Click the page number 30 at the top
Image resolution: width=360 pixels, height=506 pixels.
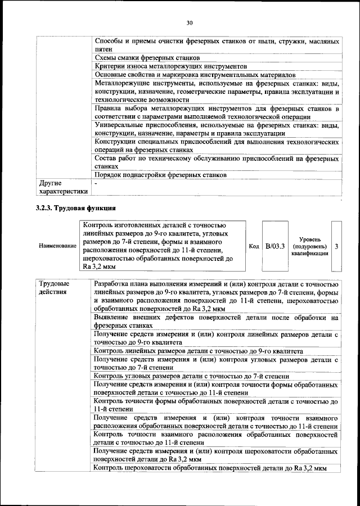pyautogui.click(x=190, y=22)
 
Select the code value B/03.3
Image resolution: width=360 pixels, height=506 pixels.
pyautogui.click(x=275, y=246)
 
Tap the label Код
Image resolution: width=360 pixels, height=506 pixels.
pyautogui.click(x=254, y=246)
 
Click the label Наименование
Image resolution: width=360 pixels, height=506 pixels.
pyautogui.click(x=57, y=246)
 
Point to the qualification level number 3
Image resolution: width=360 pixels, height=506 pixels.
pyautogui.click(x=336, y=246)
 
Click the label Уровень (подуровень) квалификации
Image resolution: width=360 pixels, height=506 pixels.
pyautogui.click(x=310, y=246)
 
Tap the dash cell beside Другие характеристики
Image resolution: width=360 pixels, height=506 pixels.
pyautogui.click(x=96, y=183)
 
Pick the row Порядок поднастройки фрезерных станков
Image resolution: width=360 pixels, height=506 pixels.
pyautogui.click(x=160, y=175)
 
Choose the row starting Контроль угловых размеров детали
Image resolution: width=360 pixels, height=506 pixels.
pyautogui.click(x=192, y=376)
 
